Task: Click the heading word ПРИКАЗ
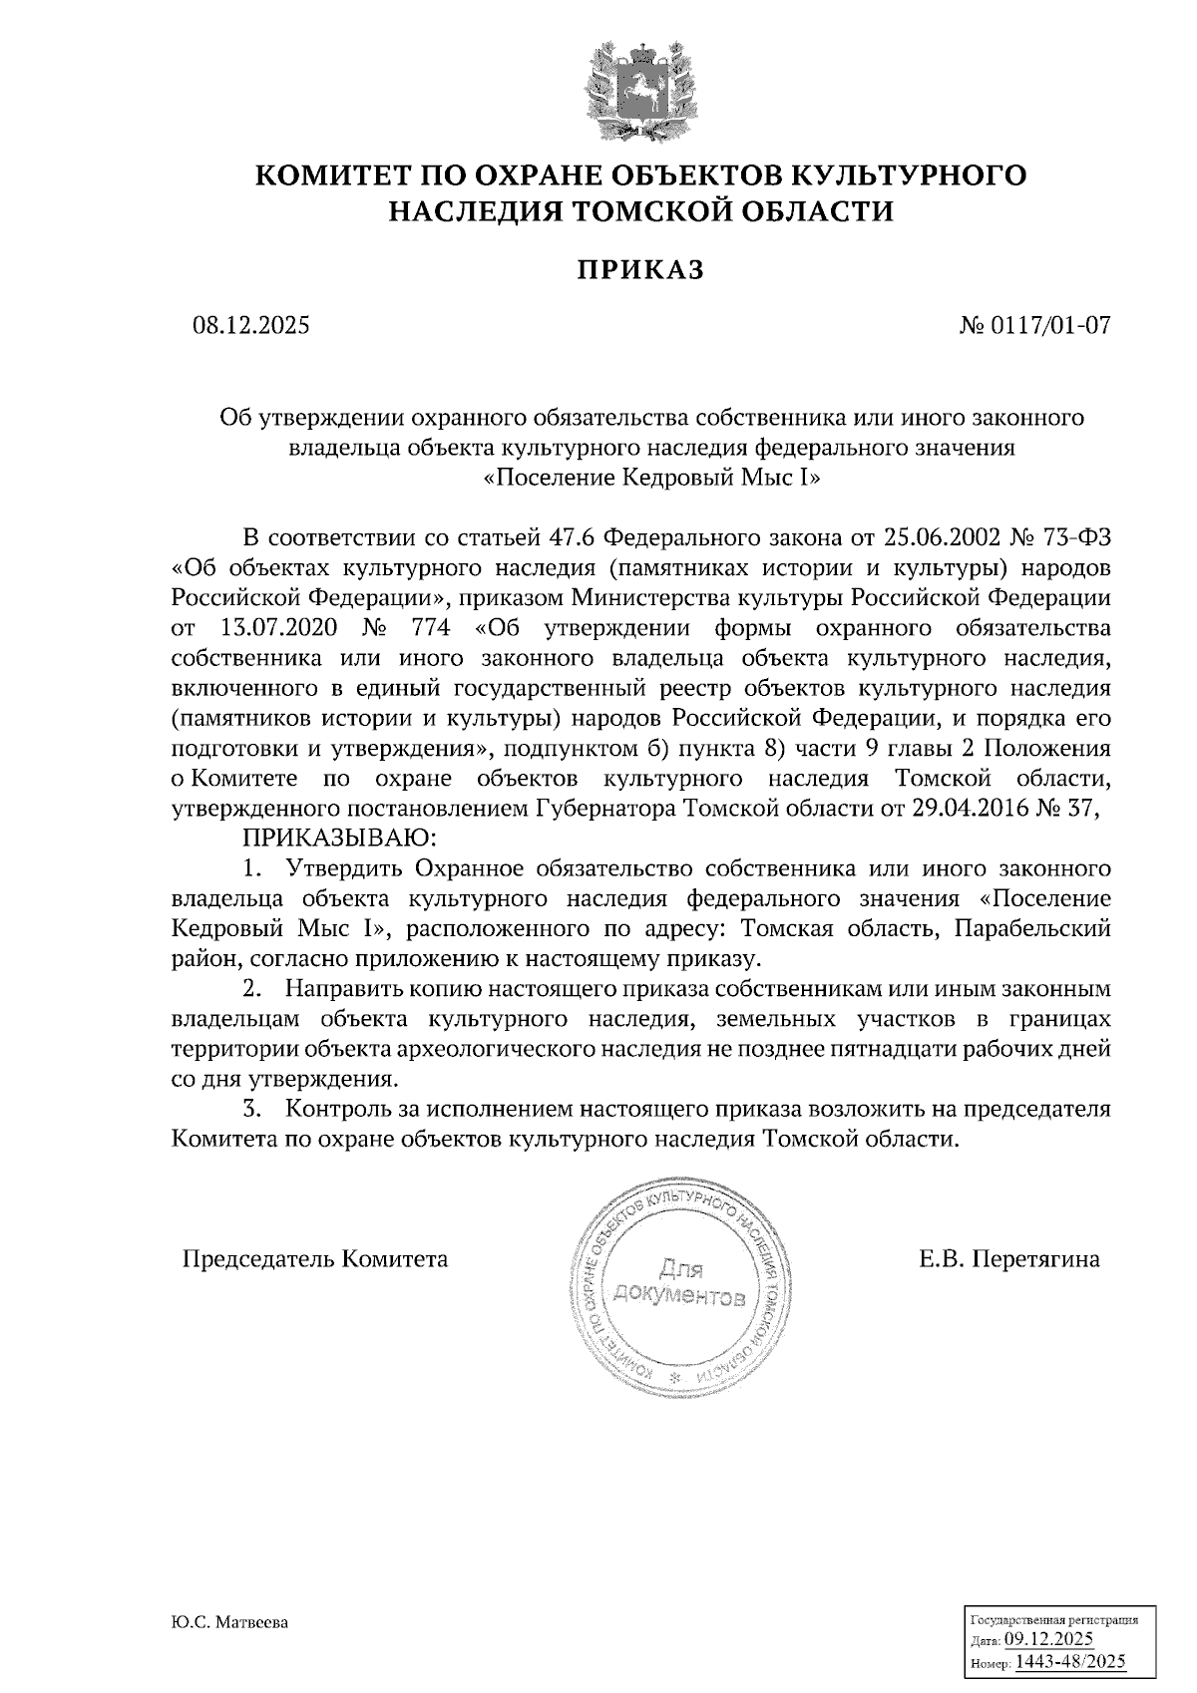641,269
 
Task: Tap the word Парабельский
1032,929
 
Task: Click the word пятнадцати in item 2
878,1049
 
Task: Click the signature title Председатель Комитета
314,1258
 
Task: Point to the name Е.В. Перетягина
1008,1258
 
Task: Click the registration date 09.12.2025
1049,1640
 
